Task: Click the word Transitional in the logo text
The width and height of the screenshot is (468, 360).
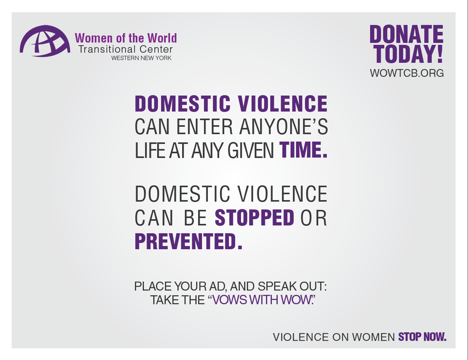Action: [x=102, y=50]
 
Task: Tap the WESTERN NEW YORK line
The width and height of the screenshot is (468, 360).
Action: [x=141, y=58]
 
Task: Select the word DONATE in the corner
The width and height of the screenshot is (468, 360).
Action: [x=406, y=35]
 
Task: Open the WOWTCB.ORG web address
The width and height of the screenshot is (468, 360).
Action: [x=407, y=73]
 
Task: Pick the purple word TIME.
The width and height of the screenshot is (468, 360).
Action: [x=303, y=151]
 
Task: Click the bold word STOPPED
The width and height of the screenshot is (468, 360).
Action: [x=254, y=218]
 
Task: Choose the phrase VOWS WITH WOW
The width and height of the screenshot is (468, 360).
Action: [x=262, y=300]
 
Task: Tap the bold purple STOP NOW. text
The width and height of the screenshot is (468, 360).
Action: [x=422, y=337]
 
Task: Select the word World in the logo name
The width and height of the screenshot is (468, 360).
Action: [x=162, y=38]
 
